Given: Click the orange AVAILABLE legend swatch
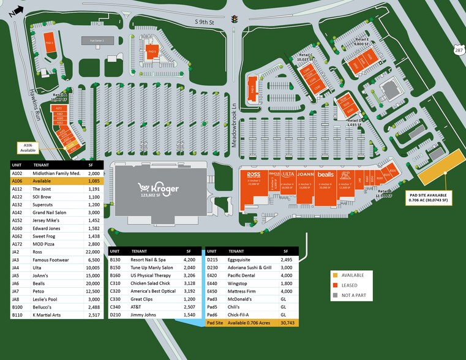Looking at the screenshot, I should [x=334, y=258].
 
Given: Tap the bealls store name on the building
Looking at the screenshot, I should [x=325, y=174].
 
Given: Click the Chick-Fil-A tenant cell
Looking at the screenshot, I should [x=238, y=314].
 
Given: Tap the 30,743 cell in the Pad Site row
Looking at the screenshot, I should [x=286, y=322].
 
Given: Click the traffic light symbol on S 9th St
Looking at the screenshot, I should [x=234, y=20].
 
